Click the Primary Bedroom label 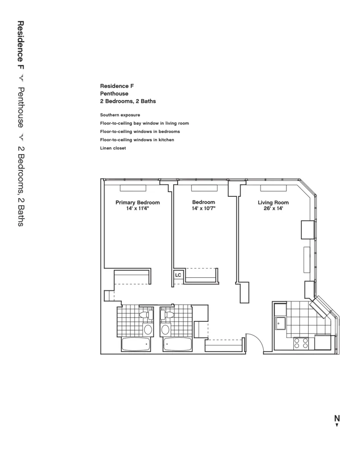pos(137,202)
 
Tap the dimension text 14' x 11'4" pos(137,209)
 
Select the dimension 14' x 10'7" pos(204,209)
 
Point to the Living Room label pos(273,202)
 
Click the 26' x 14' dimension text pos(273,209)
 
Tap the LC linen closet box pos(178,275)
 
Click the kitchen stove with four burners pos(302,343)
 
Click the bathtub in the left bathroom pos(137,344)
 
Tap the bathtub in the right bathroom pos(177,344)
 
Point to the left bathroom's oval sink pos(148,329)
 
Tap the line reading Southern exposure pos(120,115)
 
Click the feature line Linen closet pos(113,148)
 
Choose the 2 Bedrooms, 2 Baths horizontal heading pos(128,101)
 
